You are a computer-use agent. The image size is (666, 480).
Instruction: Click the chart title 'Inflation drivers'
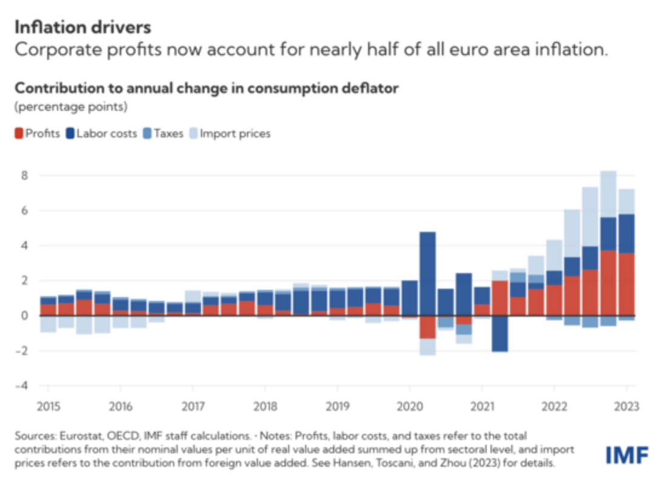tap(82, 27)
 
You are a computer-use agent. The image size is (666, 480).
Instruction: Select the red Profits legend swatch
tap(19, 134)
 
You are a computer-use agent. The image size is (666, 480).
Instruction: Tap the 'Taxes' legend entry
tap(168, 134)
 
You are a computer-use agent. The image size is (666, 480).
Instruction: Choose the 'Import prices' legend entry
tap(235, 134)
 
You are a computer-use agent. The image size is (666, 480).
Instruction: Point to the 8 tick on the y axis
tap(26, 176)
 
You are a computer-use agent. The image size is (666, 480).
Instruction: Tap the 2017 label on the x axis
tap(192, 406)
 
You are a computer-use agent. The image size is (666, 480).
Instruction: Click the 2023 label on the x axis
tap(625, 406)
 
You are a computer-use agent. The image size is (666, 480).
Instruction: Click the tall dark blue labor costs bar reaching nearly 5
tap(427, 272)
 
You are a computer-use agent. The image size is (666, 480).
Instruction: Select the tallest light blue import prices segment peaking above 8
tap(608, 194)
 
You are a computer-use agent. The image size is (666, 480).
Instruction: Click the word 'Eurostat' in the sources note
tap(75, 435)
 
